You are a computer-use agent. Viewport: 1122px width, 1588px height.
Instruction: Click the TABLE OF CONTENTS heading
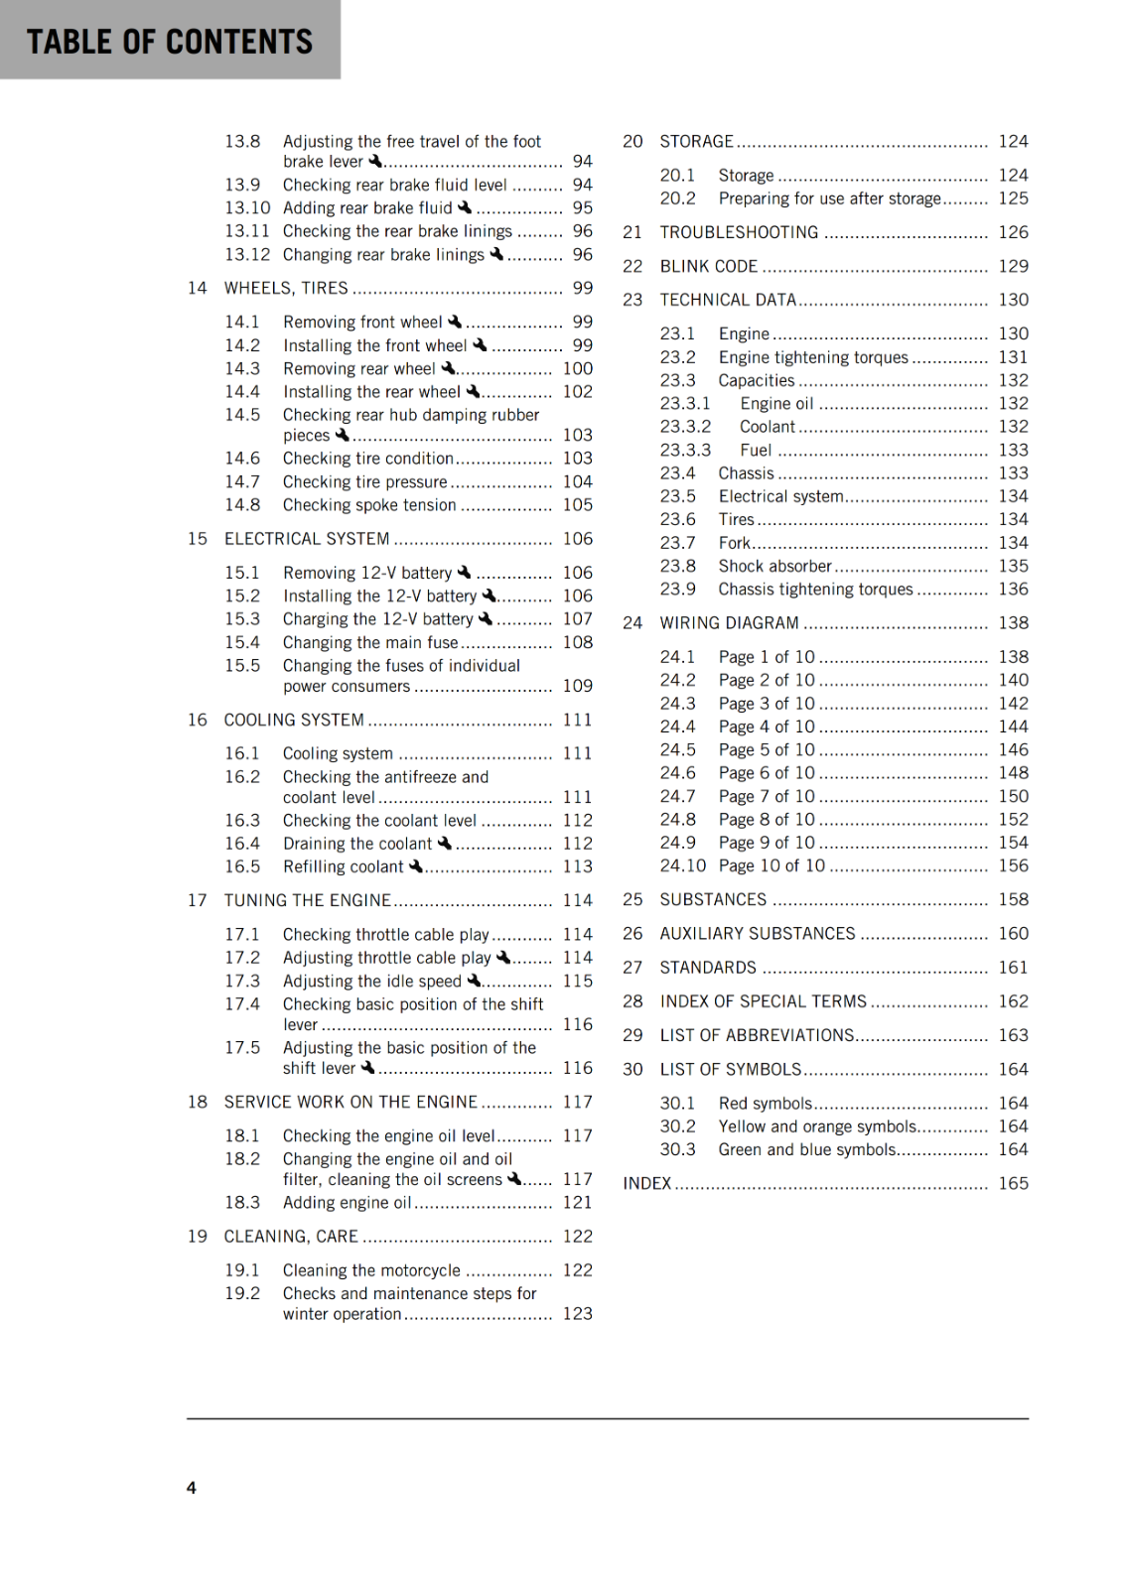170,41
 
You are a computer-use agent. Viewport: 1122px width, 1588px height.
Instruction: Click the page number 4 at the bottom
192,1487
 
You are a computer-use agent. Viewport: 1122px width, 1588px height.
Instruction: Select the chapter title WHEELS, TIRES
286,288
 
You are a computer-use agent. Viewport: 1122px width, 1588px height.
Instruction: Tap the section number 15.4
242,642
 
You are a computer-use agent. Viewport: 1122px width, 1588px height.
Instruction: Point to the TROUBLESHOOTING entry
739,232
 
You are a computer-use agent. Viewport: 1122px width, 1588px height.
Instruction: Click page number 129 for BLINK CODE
1013,266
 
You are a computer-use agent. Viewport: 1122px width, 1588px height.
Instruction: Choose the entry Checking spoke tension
369,505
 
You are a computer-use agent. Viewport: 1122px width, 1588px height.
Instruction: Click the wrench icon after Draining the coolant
445,843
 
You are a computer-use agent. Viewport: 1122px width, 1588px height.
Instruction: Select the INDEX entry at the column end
647,1183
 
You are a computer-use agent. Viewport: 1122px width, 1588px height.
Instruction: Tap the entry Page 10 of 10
771,865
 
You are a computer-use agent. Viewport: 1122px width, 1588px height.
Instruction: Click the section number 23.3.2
685,427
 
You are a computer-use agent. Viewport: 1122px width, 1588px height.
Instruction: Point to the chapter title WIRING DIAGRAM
729,623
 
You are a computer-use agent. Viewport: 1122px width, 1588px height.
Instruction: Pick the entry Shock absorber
774,566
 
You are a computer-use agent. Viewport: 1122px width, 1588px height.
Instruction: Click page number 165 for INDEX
1013,1183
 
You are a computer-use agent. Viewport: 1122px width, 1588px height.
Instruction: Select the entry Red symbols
766,1103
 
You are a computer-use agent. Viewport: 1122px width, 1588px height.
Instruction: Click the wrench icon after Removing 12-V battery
464,572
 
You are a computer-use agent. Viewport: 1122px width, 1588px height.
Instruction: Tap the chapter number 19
198,1236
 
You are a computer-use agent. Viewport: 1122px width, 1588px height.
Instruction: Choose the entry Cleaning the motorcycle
371,1270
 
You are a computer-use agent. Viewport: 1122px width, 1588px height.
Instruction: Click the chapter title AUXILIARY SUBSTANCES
758,933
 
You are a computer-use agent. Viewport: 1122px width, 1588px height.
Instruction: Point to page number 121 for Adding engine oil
577,1202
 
